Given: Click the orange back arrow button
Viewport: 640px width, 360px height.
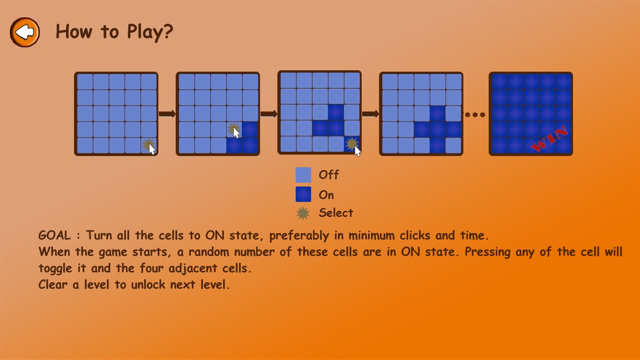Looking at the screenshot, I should [x=25, y=32].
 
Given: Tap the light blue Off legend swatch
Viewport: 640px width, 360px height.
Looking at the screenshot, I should [x=303, y=175].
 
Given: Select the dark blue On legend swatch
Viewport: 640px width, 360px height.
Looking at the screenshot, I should [x=303, y=194].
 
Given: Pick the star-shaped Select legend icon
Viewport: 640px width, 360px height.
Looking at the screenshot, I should [x=303, y=213].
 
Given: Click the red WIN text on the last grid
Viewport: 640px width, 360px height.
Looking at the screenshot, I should [x=550, y=139].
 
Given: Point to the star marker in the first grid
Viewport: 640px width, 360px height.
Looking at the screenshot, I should [x=148, y=145].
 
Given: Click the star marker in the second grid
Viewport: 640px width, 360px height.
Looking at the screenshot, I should [x=233, y=129].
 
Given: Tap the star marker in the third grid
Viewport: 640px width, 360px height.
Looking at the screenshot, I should [x=351, y=144].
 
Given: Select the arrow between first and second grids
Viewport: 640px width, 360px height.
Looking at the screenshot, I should [x=167, y=114].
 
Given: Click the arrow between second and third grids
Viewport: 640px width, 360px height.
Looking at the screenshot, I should [x=269, y=114].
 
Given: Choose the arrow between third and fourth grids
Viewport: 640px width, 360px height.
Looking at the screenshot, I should [x=370, y=114].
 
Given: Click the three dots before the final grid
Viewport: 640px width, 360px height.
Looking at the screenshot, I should [x=475, y=115].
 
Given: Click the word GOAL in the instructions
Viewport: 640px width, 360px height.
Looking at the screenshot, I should [x=54, y=236].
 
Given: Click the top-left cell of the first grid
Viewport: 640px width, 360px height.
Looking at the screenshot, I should [x=85, y=82].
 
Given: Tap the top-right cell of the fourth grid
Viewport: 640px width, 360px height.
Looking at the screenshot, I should [x=453, y=82].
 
